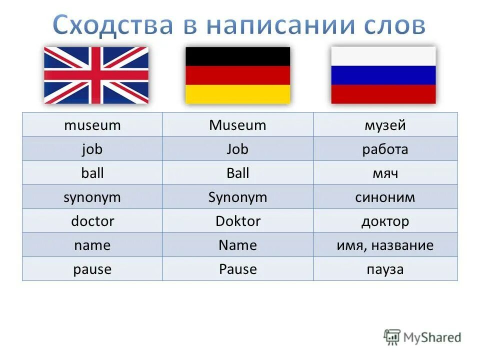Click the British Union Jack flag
coord(96,75)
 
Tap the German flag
coord(237,75)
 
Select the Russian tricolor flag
coord(383,75)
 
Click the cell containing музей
coord(385,125)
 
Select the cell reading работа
coord(385,149)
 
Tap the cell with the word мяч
coord(385,173)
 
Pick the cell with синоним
coord(385,197)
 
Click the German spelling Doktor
coord(237,221)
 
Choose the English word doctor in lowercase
coord(92,221)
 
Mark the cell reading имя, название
coord(385,245)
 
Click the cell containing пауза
coord(385,269)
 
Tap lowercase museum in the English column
coord(92,125)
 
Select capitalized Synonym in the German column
coord(237,197)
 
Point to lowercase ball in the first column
coord(92,173)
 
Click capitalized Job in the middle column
coord(237,149)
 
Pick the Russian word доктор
coord(385,221)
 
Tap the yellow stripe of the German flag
coord(237,94)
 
